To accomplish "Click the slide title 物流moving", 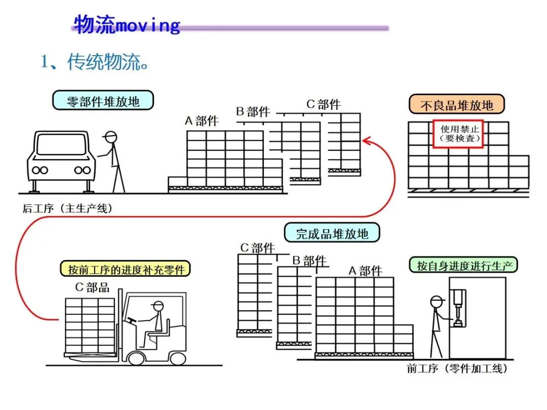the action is tap(127, 24).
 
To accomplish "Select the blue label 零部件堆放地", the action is tap(103, 101).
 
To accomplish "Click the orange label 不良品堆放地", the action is tap(457, 105).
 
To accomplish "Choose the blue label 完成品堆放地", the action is tap(332, 233).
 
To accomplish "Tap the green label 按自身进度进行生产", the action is tap(463, 265).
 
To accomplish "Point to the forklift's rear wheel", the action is tap(177, 357).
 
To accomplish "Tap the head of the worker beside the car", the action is tap(110, 137).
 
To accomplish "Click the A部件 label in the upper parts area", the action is tap(201, 120).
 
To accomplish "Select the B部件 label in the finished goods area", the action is tap(308, 261).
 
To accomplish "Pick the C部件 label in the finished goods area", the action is tap(257, 248).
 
